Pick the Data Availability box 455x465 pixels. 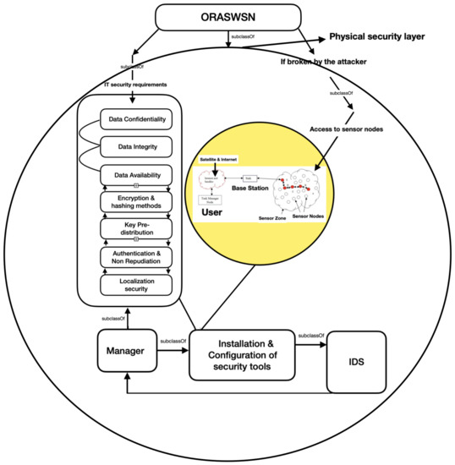coord(136,175)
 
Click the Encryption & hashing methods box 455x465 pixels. coord(136,201)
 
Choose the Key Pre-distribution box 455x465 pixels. coord(136,228)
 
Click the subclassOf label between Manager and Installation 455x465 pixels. coord(173,341)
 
